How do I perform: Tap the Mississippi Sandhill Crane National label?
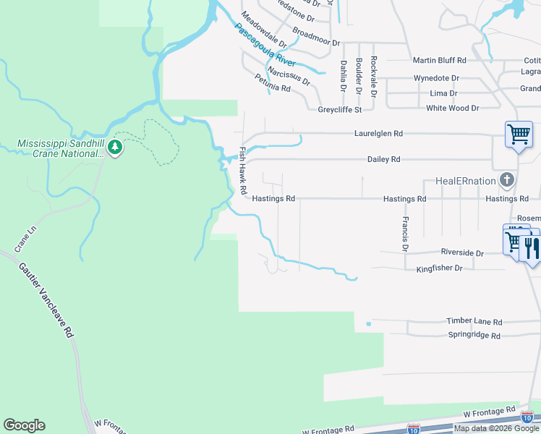(61, 148)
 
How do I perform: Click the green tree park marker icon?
(115, 148)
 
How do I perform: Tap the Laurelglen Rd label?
(378, 134)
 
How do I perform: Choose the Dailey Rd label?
(383, 159)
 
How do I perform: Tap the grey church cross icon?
(508, 179)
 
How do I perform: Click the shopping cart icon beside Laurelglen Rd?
(519, 134)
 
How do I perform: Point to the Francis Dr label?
(406, 234)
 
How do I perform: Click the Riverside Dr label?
(461, 253)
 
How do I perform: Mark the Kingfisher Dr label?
(444, 268)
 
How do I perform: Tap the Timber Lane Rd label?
(474, 321)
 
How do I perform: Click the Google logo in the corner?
(24, 425)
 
